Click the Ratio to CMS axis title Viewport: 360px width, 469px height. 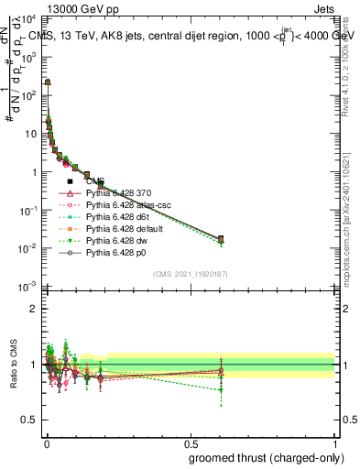coord(12,363)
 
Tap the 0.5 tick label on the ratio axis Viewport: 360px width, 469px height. coord(30,421)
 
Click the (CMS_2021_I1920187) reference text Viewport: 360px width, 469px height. coord(190,274)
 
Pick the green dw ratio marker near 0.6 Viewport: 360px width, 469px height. coord(221,390)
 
